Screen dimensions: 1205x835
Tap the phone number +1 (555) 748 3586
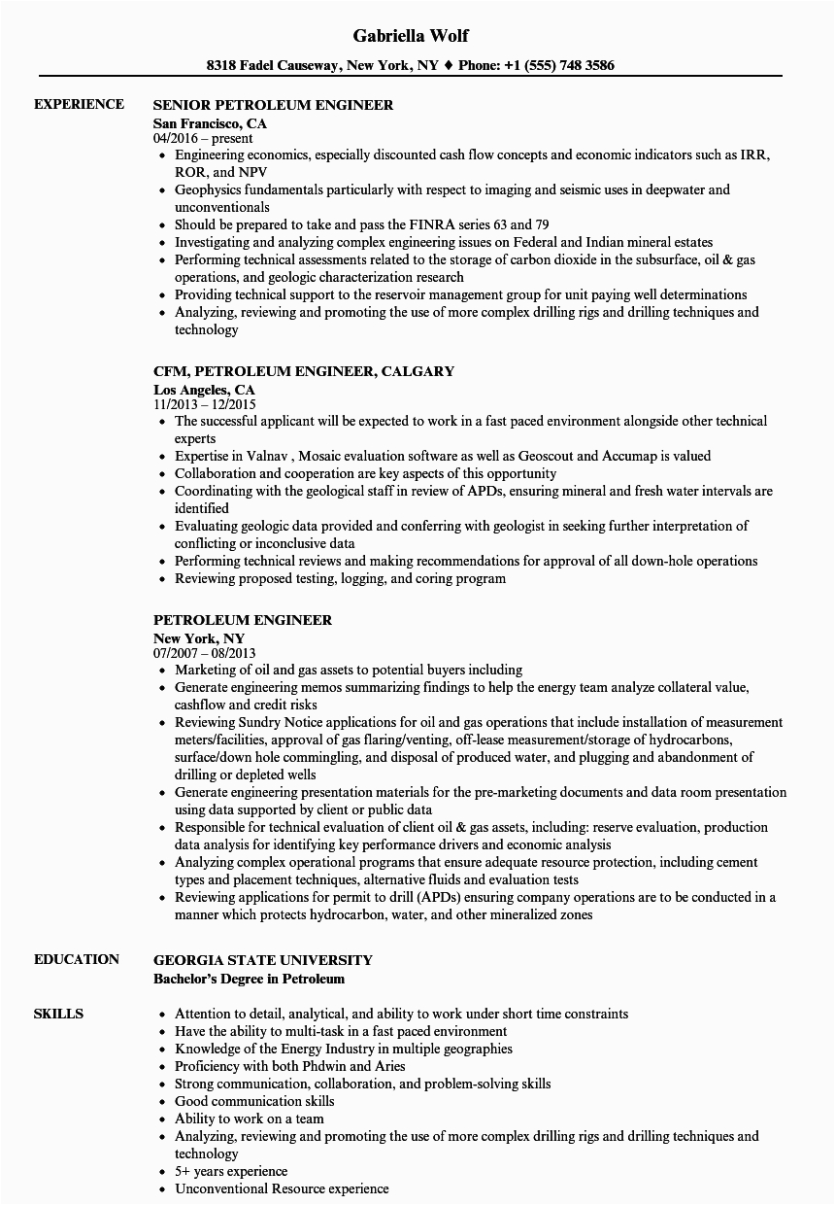click(564, 66)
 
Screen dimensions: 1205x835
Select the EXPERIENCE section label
click(79, 104)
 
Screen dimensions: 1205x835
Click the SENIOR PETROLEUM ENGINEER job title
click(273, 105)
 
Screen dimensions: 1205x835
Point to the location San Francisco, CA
click(210, 123)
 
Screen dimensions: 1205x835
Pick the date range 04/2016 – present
click(203, 139)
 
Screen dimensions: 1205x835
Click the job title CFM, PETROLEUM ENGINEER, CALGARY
click(304, 371)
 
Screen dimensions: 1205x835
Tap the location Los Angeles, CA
click(204, 390)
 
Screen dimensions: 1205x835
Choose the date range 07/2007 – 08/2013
click(205, 654)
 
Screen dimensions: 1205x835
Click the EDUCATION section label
click(77, 959)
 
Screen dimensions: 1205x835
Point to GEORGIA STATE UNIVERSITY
click(262, 960)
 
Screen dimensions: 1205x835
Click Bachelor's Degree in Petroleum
click(249, 979)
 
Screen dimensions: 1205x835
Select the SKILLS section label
click(58, 1014)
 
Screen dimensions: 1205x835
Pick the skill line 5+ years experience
click(231, 1171)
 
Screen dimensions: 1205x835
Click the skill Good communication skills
click(254, 1101)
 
